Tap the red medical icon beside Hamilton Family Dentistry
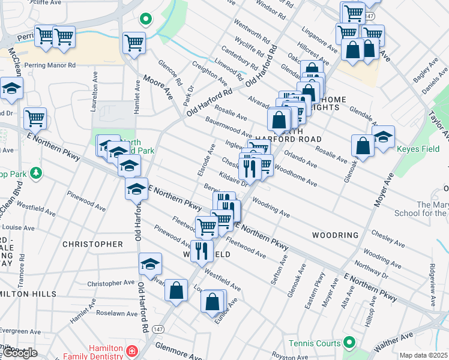click(x=131, y=349)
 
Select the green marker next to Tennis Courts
click(x=347, y=343)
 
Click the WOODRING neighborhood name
click(x=334, y=235)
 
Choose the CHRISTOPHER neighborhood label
click(x=93, y=244)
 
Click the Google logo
click(x=20, y=353)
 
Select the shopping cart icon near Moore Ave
click(x=134, y=43)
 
